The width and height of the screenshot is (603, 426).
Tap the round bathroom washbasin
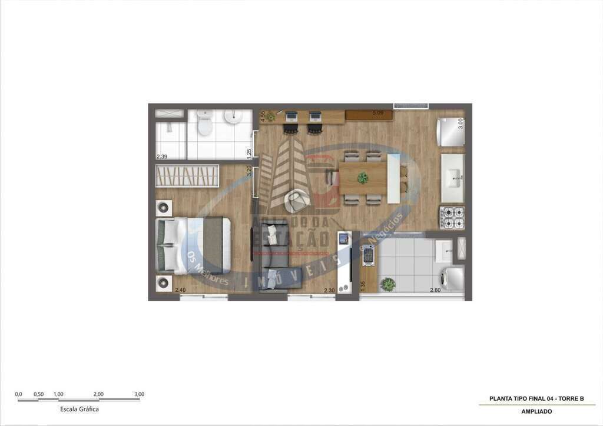pos(233,117)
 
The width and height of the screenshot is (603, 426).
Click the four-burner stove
pos(452,217)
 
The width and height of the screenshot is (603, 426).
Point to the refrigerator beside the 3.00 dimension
pos(450,131)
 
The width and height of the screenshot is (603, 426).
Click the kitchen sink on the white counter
pos(453,178)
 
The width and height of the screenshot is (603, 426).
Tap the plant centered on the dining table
pos(363,177)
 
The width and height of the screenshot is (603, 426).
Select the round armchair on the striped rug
pos(297,201)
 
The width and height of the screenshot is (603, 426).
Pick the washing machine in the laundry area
pos(452,278)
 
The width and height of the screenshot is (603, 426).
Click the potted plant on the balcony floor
pos(387,284)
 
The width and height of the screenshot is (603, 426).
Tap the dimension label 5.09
pos(378,112)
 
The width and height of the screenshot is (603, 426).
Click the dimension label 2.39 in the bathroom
pos(161,157)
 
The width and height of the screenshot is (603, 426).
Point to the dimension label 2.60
pos(435,290)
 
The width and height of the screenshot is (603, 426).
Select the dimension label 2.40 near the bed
pos(180,290)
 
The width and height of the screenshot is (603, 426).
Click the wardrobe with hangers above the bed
pos(187,175)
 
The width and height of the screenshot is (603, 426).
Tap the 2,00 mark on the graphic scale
pos(98,394)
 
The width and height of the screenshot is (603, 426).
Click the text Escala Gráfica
pos(79,409)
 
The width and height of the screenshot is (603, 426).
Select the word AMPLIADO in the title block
pos(536,411)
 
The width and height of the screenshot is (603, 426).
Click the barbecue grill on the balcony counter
pos(369,254)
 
